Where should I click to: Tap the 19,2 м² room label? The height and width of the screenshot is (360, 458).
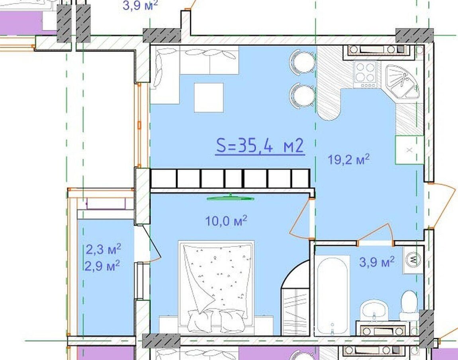click(x=348, y=160)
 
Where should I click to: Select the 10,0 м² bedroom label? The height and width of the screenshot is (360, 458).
click(x=226, y=221)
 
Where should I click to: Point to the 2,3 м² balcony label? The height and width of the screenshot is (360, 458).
click(x=104, y=250)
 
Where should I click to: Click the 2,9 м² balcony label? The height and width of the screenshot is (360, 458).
click(x=102, y=266)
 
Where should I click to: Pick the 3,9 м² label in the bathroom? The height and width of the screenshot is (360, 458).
click(x=377, y=262)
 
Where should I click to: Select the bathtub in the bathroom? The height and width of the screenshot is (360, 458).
click(x=333, y=295)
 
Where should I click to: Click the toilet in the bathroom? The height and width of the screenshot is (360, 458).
click(x=409, y=306)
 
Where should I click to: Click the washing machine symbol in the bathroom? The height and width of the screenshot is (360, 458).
click(x=413, y=259)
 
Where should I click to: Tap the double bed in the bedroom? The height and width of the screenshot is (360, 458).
click(x=216, y=287)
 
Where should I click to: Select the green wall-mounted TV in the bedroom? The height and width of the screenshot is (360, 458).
click(x=231, y=198)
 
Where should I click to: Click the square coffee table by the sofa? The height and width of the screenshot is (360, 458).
click(x=209, y=97)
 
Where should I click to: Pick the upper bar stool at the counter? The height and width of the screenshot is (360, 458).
click(x=303, y=62)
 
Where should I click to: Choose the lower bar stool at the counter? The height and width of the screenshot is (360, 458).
click(x=303, y=95)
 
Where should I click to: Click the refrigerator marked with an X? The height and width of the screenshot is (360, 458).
click(x=409, y=150)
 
